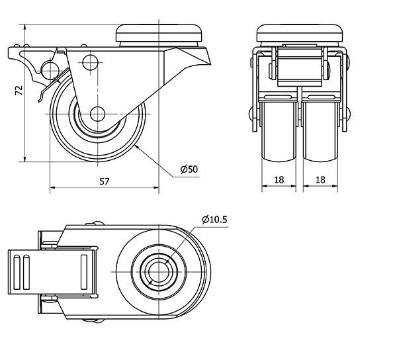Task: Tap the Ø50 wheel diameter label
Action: click(x=189, y=169)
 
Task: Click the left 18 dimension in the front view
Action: click(x=278, y=179)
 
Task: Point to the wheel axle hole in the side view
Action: click(x=97, y=112)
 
